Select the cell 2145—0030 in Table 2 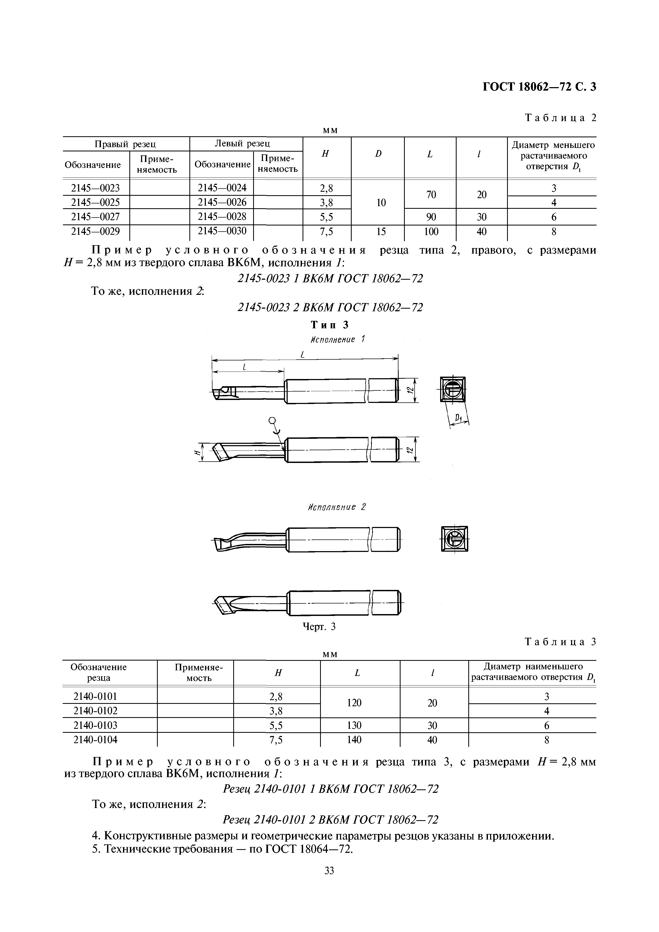222,231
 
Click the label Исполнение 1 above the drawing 338,339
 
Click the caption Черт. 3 320,627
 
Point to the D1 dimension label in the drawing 458,418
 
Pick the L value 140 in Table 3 354,740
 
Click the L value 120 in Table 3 354,703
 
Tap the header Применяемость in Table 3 199,672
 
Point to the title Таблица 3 560,642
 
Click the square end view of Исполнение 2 454,539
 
